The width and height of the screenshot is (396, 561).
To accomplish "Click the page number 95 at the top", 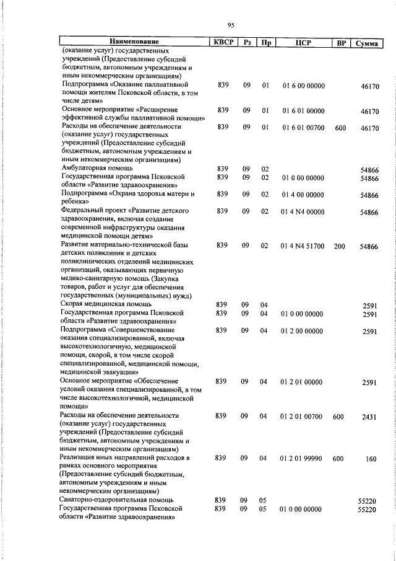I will (230, 25).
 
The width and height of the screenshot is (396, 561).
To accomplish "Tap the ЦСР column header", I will (303, 43).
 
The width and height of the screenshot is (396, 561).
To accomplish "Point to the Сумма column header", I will (366, 43).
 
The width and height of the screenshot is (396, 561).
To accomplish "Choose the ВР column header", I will (339, 43).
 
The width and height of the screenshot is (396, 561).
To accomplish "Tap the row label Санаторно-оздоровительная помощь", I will (116, 499).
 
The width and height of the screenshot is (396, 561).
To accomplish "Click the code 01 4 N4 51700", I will (303, 246).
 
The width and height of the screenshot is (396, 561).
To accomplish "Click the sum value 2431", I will (369, 417).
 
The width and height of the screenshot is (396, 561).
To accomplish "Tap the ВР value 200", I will (339, 246).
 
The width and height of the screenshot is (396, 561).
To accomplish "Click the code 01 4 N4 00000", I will (303, 211).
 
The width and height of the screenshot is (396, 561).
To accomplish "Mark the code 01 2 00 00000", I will (303, 331).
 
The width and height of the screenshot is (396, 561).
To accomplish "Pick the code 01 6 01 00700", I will (303, 127).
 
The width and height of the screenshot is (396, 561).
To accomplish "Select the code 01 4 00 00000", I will (303, 195).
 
